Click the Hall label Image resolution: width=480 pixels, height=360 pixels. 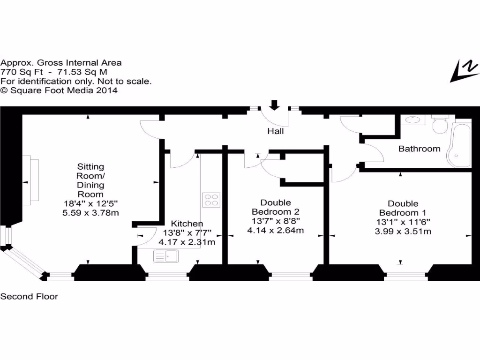pos(276,131)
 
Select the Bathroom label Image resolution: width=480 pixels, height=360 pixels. pos(419,149)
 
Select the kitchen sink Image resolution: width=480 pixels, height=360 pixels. pos(165,256)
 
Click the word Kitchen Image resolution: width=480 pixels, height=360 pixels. pos(187,224)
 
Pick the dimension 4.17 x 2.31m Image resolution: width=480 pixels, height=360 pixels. pos(187,242)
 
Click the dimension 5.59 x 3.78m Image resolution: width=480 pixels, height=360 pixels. pos(90,212)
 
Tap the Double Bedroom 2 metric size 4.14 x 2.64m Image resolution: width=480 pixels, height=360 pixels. pos(276,230)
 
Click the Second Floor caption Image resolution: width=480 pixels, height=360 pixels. pos(29,296)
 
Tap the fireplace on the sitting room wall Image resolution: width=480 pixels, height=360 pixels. pos(31,180)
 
